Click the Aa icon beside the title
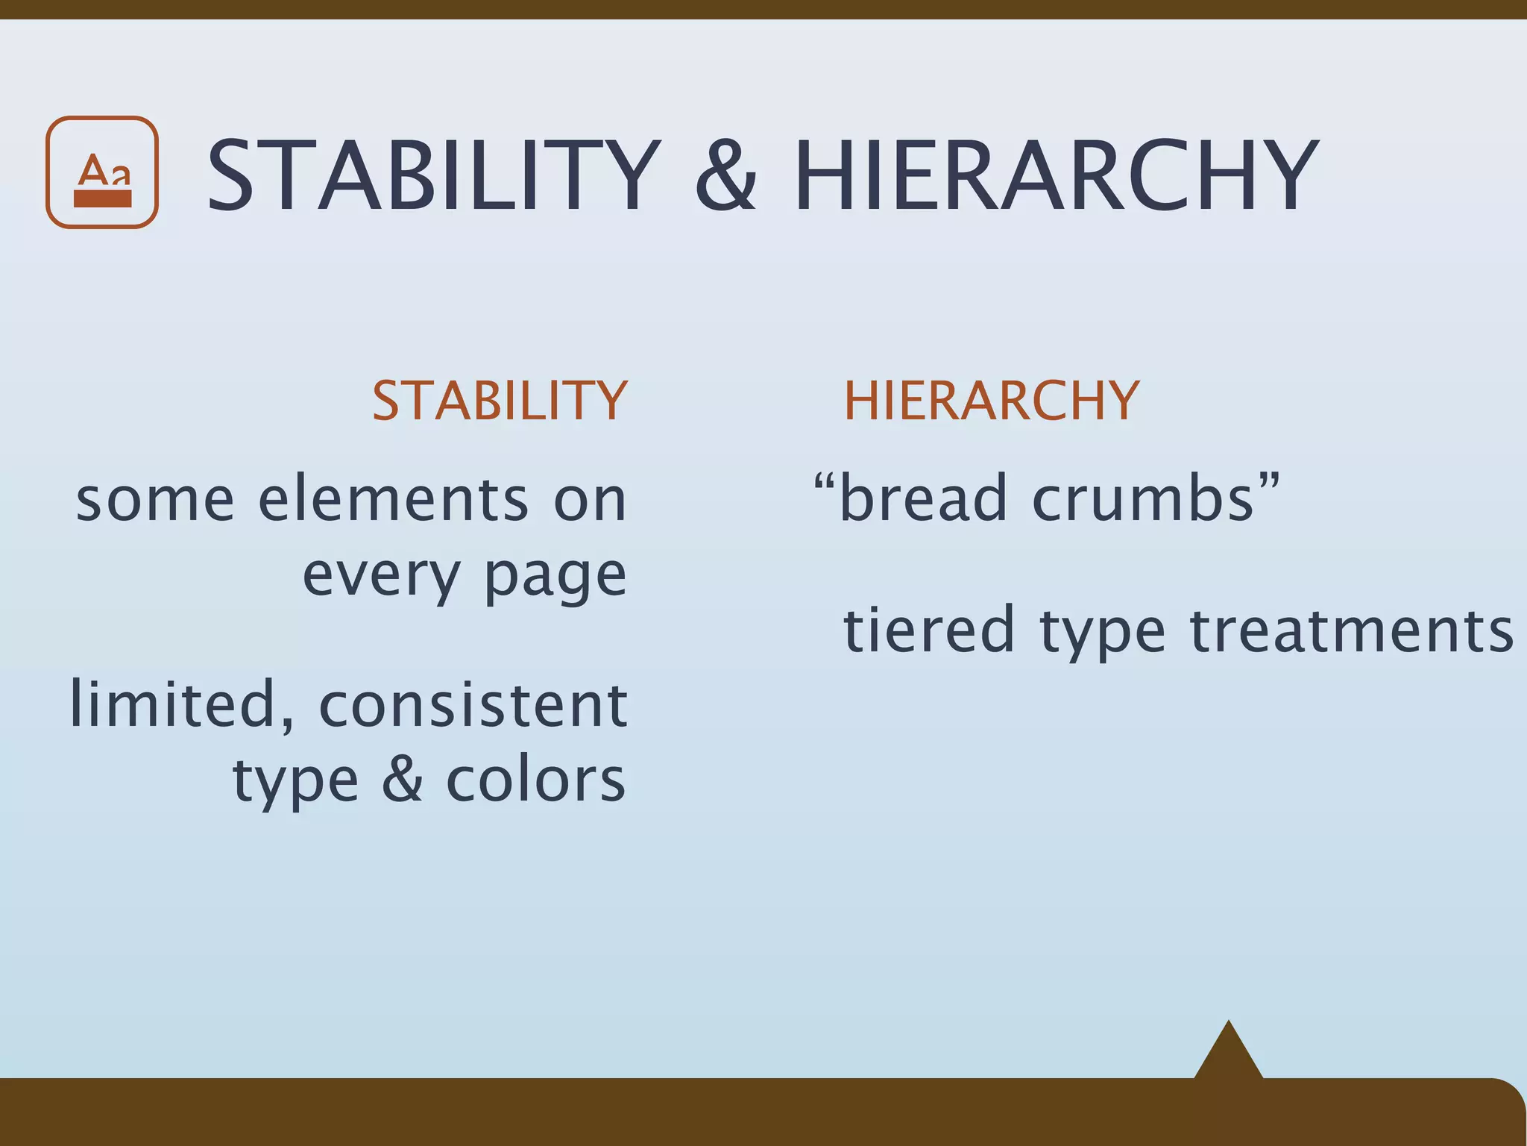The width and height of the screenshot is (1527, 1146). (102, 172)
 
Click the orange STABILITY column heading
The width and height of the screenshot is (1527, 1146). (500, 401)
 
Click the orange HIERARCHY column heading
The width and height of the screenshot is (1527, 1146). (991, 401)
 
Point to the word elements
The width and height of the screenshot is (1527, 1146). (393, 499)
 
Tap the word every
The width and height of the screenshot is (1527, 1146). (382, 575)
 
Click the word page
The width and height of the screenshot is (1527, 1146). (555, 577)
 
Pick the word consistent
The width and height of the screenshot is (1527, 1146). (473, 704)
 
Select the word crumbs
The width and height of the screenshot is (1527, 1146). (1144, 498)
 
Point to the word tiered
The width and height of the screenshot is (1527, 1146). (928, 630)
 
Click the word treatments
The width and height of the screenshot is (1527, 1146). (1351, 630)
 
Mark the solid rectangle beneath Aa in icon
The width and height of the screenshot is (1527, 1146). (103, 198)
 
